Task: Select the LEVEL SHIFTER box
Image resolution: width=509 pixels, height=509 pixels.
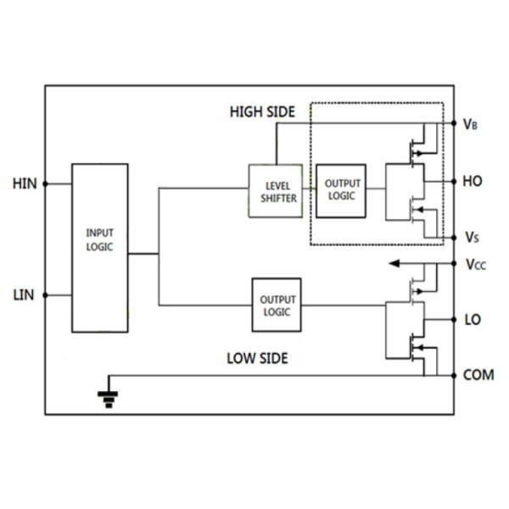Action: (x=275, y=191)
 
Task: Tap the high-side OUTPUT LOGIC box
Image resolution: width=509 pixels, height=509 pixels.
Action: (x=341, y=190)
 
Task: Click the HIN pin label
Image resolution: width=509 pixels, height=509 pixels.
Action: (x=25, y=183)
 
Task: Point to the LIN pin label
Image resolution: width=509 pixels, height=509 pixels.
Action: (x=25, y=295)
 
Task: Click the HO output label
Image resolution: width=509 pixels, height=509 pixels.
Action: (x=472, y=181)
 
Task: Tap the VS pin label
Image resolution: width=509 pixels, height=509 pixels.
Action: (x=471, y=237)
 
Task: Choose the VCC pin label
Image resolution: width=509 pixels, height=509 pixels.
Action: (x=475, y=264)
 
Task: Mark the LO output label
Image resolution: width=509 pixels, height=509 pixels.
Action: (x=472, y=320)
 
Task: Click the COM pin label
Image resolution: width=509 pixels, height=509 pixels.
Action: (x=478, y=375)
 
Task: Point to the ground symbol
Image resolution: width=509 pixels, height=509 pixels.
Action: (x=108, y=396)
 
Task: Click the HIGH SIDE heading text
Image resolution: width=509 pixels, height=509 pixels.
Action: (x=262, y=112)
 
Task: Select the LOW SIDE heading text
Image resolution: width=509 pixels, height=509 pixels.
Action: (x=257, y=358)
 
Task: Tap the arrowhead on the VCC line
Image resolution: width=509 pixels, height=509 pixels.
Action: (x=394, y=264)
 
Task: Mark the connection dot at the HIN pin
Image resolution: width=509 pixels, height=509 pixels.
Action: (x=45, y=183)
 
